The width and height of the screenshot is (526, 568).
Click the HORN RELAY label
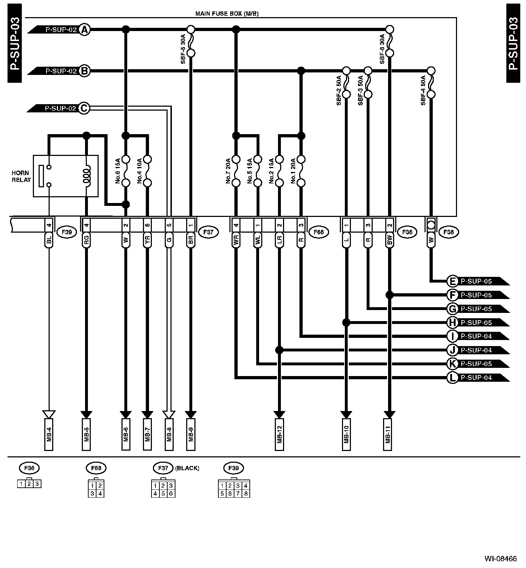coord(21,176)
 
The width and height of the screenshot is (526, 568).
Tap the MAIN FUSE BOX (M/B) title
coord(227,14)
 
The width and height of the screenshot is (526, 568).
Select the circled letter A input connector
coord(84,30)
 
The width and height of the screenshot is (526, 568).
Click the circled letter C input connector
coord(84,108)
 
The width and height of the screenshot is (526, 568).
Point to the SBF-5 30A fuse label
coord(183,49)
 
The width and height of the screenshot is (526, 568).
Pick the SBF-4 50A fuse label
coord(423,90)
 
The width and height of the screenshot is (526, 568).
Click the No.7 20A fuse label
coord(228,171)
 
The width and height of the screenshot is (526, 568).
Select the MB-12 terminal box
coord(279,434)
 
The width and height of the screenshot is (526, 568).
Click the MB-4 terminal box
coord(49,434)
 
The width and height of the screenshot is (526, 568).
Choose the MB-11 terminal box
coord(389,434)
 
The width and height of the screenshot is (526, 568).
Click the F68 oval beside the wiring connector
coord(318,232)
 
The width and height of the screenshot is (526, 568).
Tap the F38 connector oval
coord(448,232)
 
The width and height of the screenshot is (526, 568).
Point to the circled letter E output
coord(452,281)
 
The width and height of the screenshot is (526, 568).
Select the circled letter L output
coord(452,377)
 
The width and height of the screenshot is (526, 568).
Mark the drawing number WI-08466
coord(500,558)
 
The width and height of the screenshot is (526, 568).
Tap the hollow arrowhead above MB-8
coord(169,414)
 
